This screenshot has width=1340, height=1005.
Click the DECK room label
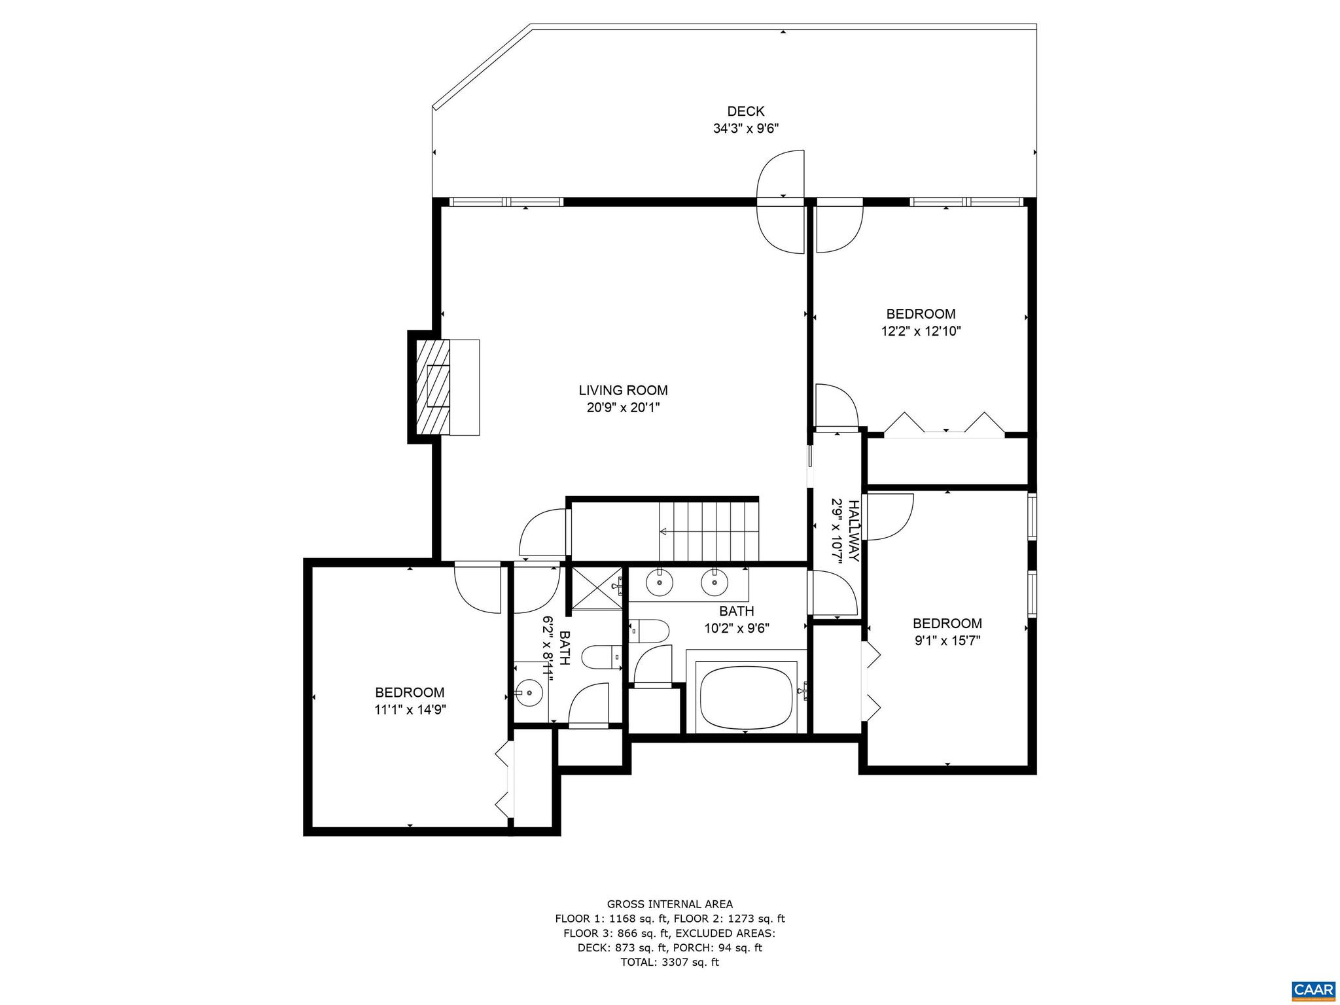point(745,111)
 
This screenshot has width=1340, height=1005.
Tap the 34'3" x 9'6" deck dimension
point(745,129)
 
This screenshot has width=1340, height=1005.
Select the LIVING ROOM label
point(623,391)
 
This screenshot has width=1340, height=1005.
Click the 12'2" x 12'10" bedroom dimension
point(921,331)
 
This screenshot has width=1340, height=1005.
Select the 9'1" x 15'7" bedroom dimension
point(947,641)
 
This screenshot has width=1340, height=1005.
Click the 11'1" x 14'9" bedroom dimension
point(410,710)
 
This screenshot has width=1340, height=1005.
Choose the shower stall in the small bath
point(596,588)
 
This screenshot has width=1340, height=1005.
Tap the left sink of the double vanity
point(660,581)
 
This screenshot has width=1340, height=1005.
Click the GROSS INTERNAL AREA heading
point(669,905)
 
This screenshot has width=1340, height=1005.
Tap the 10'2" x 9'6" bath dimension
point(737,628)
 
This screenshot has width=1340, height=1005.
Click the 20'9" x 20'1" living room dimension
point(623,408)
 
